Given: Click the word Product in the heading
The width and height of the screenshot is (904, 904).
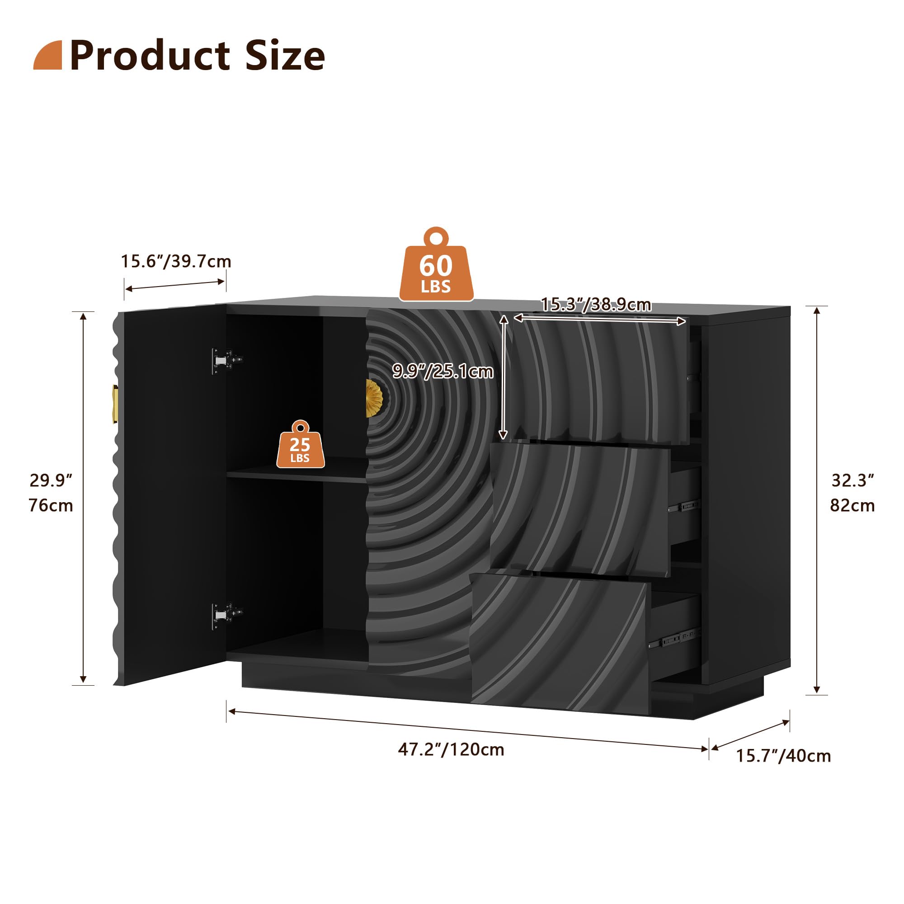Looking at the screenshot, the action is (150, 56).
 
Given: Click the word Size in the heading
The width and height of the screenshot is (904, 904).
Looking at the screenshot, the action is (285, 56).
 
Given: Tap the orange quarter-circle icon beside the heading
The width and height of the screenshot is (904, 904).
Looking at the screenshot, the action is (48, 55).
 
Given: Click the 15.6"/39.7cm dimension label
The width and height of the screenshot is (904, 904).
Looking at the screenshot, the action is (176, 261).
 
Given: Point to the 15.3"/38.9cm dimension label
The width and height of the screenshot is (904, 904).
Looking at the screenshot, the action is (596, 305).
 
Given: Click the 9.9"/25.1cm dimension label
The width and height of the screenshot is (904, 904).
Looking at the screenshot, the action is (443, 371).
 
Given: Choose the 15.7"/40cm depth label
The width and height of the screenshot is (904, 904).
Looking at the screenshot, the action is (783, 756).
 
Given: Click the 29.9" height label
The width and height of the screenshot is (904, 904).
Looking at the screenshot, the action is (51, 480).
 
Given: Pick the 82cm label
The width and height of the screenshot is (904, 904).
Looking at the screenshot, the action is (852, 505).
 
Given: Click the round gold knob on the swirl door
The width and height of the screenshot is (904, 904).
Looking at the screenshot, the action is (374, 398).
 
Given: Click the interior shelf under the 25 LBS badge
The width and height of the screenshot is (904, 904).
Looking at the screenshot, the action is (297, 473).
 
